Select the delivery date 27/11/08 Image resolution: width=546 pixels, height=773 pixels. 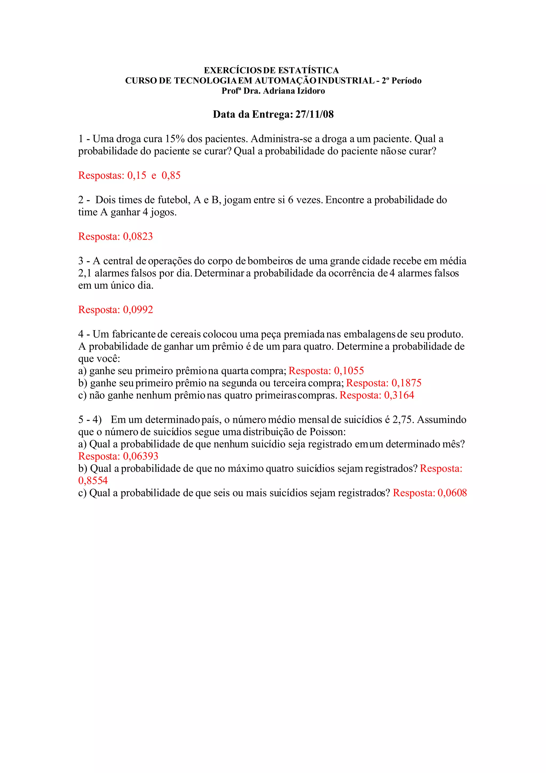coord(314,114)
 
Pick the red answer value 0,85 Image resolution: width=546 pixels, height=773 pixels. coord(171,176)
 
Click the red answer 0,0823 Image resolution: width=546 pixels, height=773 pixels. coord(138,237)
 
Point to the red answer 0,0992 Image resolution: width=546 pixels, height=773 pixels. coord(138,310)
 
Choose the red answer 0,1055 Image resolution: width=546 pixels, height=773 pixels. coord(349,371)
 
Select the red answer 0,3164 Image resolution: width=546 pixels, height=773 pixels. coord(399,395)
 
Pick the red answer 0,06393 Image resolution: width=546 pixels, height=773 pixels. coord(140,457)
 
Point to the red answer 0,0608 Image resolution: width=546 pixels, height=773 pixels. coord(452,493)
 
